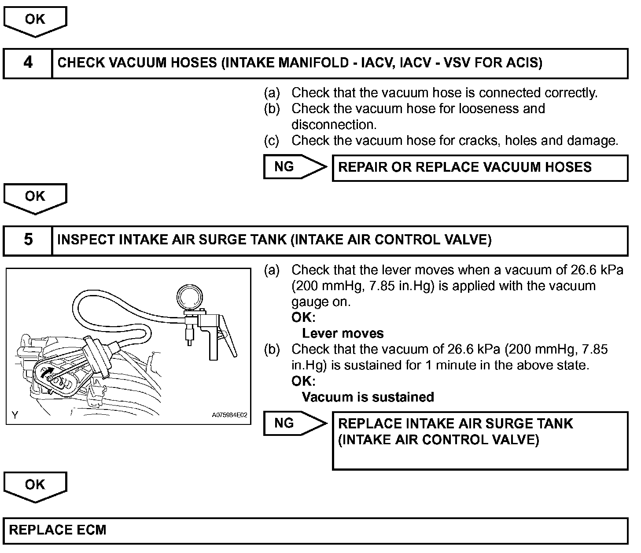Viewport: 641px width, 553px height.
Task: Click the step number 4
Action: point(28,63)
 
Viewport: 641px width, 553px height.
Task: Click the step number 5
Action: point(28,240)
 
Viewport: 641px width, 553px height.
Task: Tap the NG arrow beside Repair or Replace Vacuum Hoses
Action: point(294,167)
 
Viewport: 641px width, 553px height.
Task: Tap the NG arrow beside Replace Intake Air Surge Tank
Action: point(294,424)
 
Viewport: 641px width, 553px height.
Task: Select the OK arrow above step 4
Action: point(35,21)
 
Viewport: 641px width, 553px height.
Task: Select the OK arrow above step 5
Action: point(35,198)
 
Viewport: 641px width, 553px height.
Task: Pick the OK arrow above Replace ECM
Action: point(35,486)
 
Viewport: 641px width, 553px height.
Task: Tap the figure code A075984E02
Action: point(229,415)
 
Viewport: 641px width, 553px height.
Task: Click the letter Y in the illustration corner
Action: point(15,415)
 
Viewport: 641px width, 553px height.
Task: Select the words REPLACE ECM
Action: point(58,530)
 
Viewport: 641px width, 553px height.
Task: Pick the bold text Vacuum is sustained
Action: point(368,397)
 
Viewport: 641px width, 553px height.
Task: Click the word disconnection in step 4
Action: point(334,125)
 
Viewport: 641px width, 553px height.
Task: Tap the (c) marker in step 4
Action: point(271,140)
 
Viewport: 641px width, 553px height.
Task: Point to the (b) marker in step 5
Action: point(271,350)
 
